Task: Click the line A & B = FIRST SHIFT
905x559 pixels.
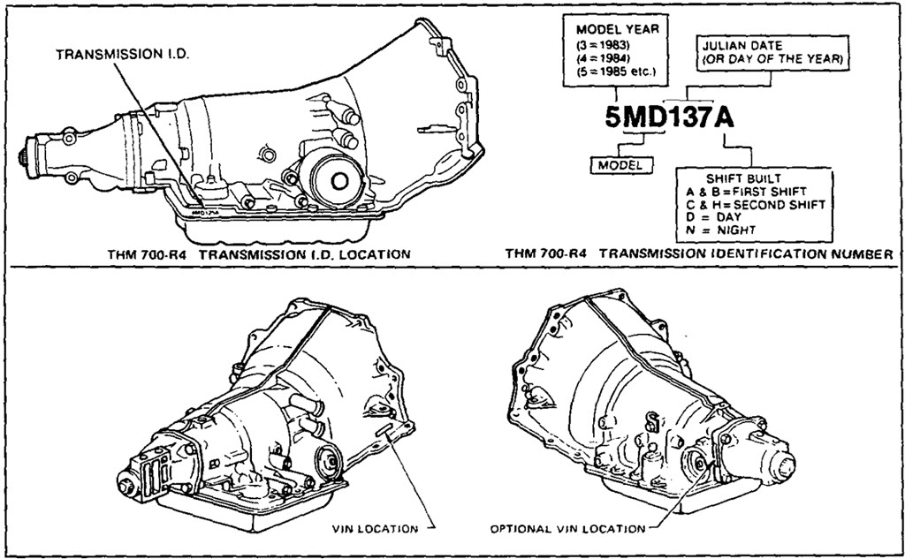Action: tap(746, 191)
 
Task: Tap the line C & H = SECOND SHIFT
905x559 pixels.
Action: tap(755, 204)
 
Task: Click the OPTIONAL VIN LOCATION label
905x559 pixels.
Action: tap(567, 529)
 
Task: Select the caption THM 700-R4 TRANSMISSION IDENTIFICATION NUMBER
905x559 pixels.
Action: tap(698, 254)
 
